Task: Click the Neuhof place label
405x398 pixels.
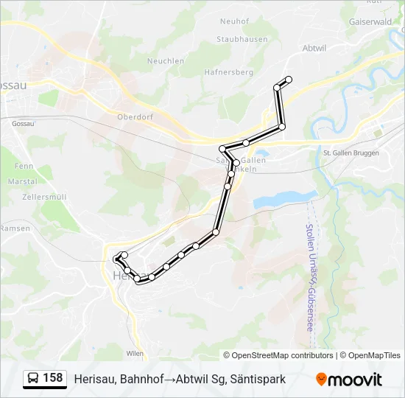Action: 234,21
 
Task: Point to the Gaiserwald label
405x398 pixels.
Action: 370,22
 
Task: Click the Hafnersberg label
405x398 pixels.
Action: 230,72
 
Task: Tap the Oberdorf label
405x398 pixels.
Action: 134,116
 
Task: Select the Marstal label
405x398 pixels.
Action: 23,181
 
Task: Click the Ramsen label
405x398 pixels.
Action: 15,228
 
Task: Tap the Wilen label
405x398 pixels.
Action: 135,354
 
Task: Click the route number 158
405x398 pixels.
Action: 53,378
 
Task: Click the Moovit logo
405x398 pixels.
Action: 349,380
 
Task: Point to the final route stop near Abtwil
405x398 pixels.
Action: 289,80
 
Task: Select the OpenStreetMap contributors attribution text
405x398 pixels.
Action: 281,355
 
